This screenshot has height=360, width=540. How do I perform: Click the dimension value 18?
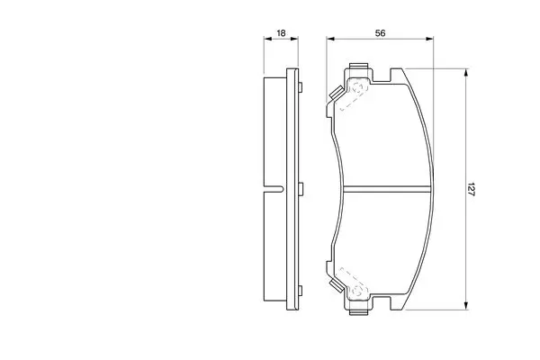(281, 33)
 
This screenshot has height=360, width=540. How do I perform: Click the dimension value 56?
(380, 33)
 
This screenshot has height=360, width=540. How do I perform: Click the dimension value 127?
(471, 189)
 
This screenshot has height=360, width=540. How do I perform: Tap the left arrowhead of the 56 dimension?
(330, 39)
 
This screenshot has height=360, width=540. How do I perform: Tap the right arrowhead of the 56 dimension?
(429, 39)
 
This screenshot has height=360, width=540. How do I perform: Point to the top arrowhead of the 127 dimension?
(466, 73)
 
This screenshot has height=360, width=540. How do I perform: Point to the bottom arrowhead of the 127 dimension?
(466, 306)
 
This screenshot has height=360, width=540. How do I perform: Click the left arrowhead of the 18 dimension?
(267, 39)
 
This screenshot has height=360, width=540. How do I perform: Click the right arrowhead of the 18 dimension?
(294, 39)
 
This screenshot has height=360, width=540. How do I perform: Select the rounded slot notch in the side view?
(274, 189)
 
